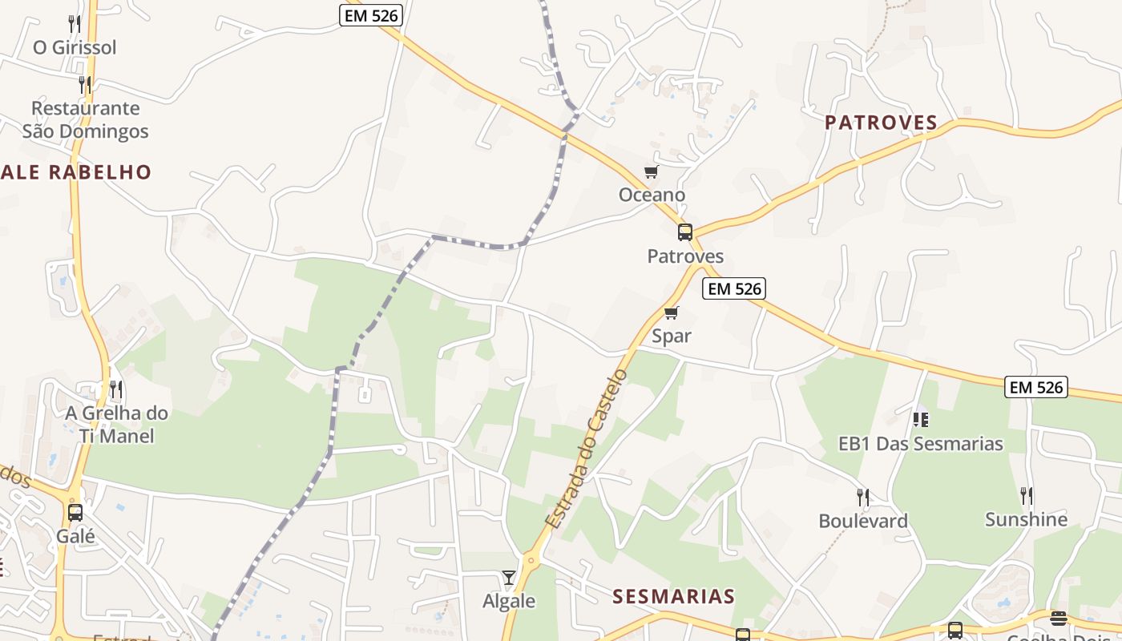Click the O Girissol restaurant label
[x=75, y=47]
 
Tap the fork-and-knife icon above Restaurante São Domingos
[x=84, y=84]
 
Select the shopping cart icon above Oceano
[x=651, y=172]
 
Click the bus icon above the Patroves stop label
[x=684, y=232]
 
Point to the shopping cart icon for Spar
[x=671, y=312]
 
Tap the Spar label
[x=671, y=336]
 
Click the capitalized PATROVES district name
[x=881, y=123]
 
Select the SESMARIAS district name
[x=673, y=596]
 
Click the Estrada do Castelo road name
[x=587, y=449]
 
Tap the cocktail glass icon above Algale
[x=508, y=577]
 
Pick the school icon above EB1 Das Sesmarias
[x=920, y=419]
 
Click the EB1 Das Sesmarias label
[x=920, y=443]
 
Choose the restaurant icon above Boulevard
[x=862, y=498]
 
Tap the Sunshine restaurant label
[x=1026, y=519]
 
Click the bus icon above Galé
[x=75, y=513]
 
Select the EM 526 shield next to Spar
[x=734, y=288]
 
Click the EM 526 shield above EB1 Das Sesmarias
[x=1036, y=388]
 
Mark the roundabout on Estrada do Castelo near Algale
[x=530, y=560]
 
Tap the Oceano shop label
[x=652, y=195]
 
